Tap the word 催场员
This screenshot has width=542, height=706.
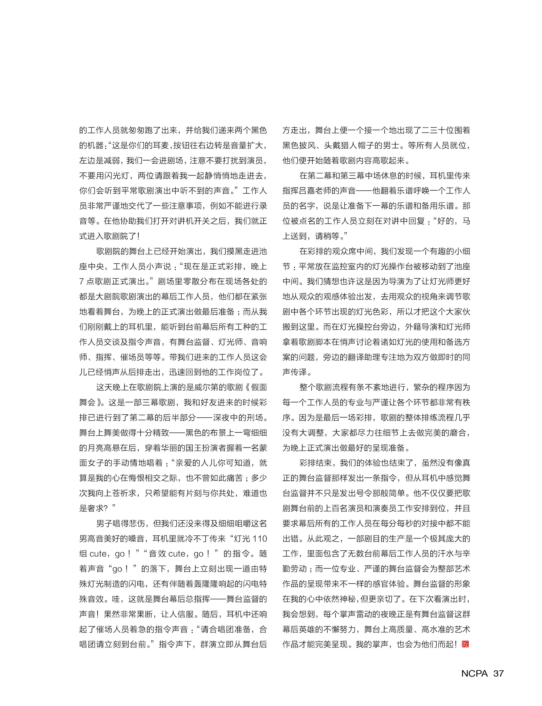(x=132, y=357)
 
